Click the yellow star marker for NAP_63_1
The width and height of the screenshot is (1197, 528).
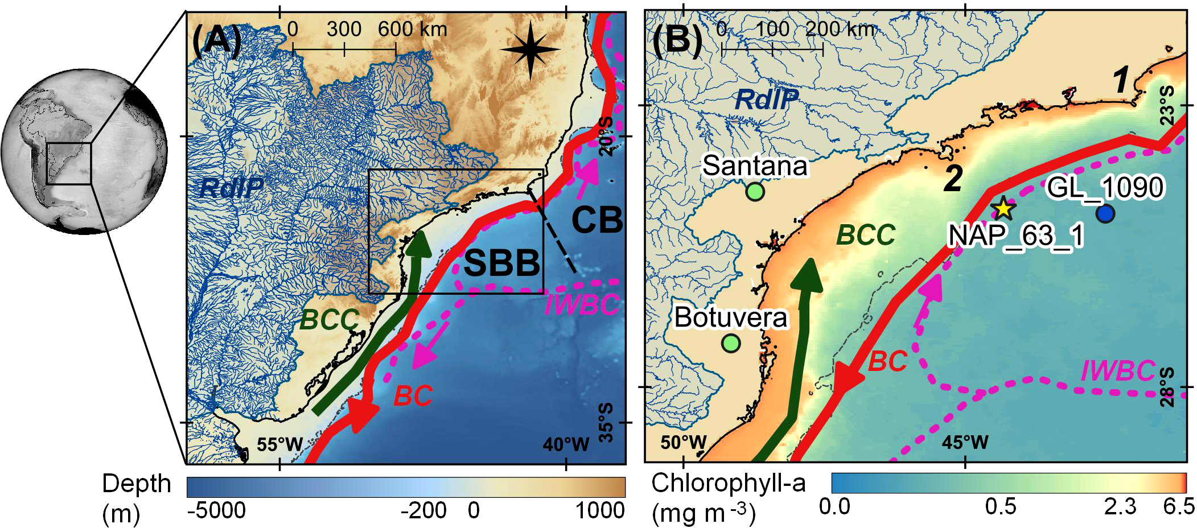tap(1003, 209)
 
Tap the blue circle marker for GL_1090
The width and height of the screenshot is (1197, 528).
tap(1105, 214)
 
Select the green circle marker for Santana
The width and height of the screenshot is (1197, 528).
tap(755, 192)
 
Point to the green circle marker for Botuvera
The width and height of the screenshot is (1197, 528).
tap(731, 343)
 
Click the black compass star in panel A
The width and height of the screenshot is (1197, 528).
tap(530, 50)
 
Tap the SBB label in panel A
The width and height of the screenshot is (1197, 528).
tap(501, 263)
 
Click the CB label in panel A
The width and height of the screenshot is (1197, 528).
tap(597, 220)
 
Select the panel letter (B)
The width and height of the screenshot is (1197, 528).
tap(677, 40)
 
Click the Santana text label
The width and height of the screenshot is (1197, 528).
tap(755, 166)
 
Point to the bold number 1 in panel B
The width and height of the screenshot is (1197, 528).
tap(1121, 80)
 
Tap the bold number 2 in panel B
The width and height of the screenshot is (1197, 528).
tap(953, 179)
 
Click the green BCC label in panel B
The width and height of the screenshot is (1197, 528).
tap(866, 235)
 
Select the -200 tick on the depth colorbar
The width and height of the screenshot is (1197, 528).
tap(423, 510)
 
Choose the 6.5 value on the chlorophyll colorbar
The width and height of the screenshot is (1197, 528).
tap(1178, 506)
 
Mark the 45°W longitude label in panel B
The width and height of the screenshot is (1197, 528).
tap(965, 442)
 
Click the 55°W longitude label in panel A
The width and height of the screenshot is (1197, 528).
tap(279, 444)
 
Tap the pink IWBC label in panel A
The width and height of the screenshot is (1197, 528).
tap(582, 305)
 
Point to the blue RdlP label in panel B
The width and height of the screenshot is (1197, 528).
tap(766, 100)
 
